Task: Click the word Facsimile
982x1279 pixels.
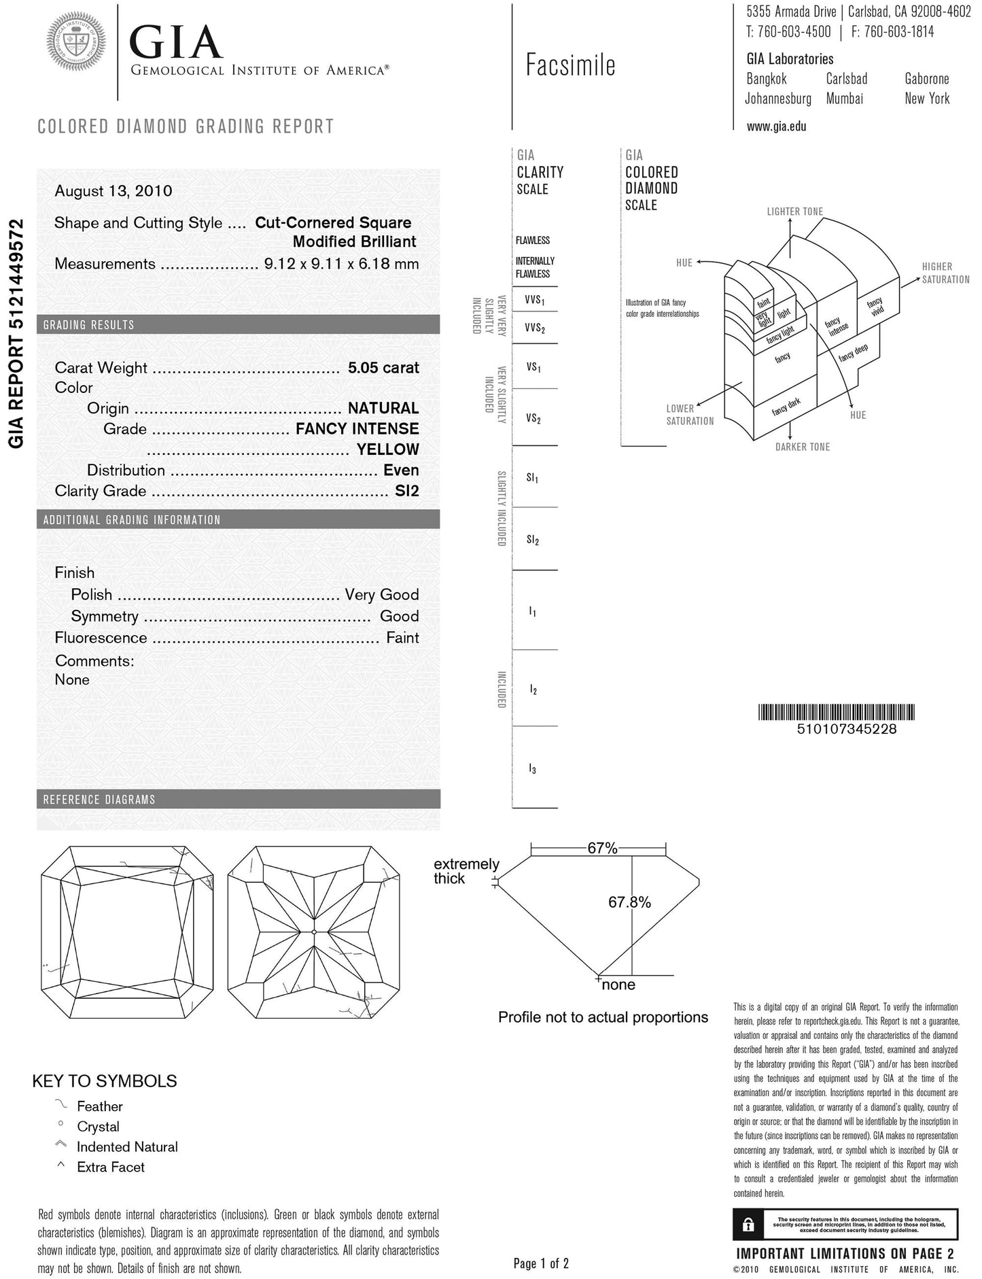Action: pos(570,66)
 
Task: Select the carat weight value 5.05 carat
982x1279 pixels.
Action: pos(383,368)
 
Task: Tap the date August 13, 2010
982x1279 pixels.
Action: pos(113,191)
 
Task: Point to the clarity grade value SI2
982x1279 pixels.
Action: pos(406,491)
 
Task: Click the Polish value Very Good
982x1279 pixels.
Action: pos(381,595)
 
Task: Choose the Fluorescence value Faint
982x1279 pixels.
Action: pos(402,638)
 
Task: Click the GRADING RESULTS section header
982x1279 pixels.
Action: pos(89,325)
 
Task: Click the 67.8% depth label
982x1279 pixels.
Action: pos(629,902)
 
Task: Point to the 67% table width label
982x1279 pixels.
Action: pos(602,849)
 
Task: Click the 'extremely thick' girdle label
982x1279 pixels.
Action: pos(466,871)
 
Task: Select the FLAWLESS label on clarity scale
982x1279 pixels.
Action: pos(533,241)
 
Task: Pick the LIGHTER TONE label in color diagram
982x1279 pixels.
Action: pos(794,211)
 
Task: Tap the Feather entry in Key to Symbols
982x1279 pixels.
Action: pos(99,1106)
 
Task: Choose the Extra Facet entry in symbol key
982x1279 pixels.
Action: pos(110,1167)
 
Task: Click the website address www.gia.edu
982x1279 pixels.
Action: pos(776,126)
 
